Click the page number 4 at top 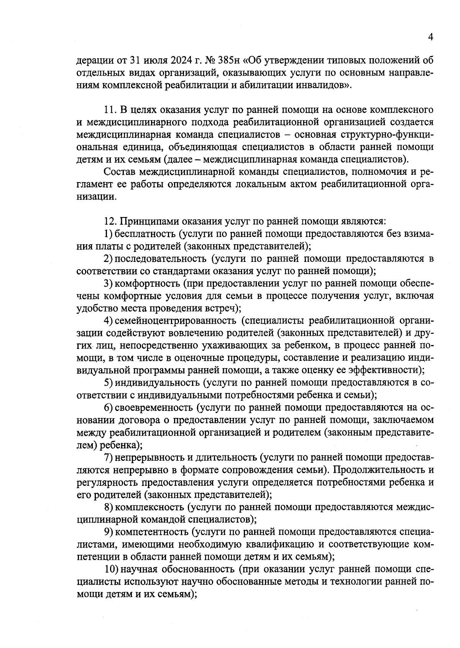pyautogui.click(x=430, y=37)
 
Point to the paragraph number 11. pyautogui.click(x=110, y=110)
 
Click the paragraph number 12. pyautogui.click(x=110, y=221)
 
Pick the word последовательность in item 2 pyautogui.click(x=161, y=258)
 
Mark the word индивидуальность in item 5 pyautogui.click(x=157, y=383)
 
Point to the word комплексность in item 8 pyautogui.click(x=149, y=507)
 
